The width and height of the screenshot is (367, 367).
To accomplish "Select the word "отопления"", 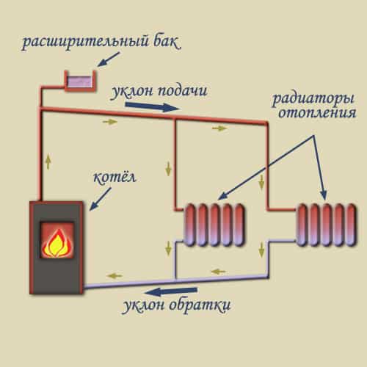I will pyautogui.click(x=319, y=115).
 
